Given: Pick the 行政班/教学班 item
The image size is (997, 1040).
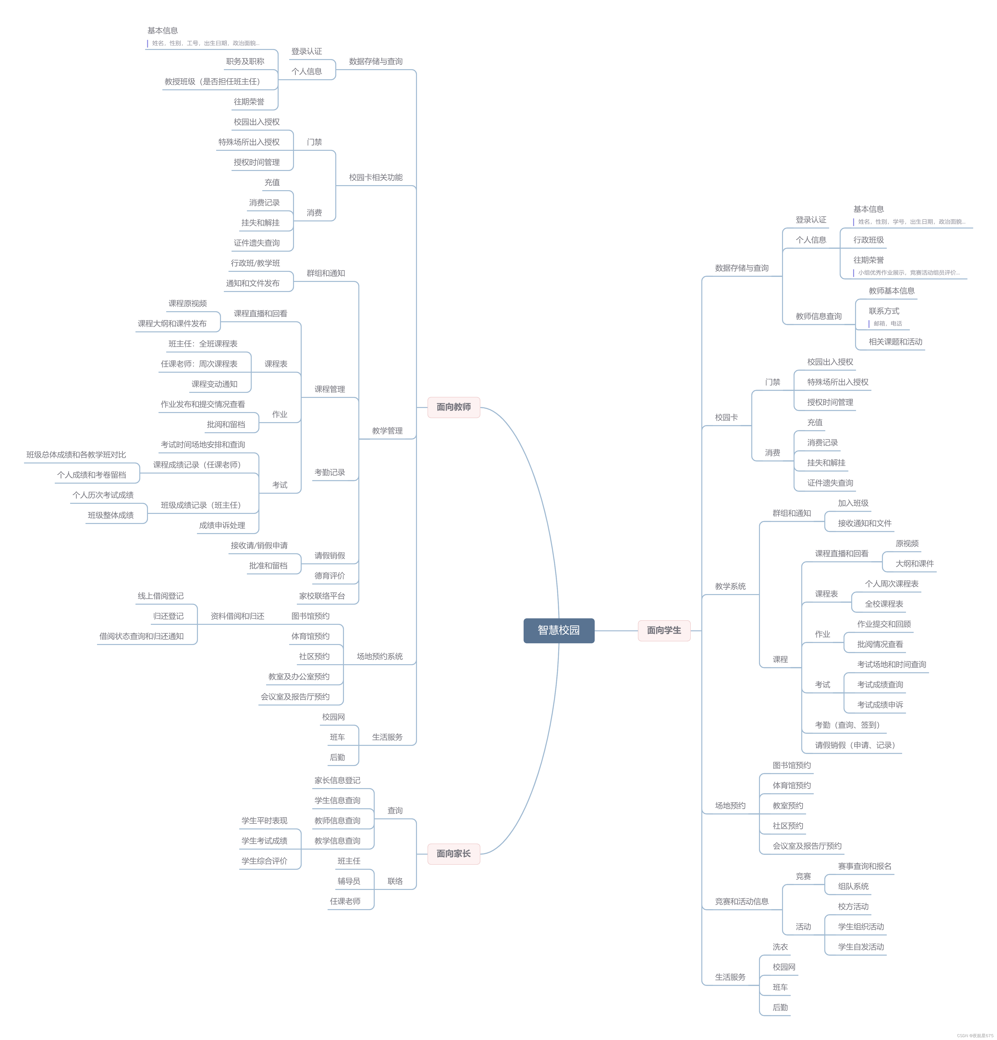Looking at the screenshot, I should [255, 263].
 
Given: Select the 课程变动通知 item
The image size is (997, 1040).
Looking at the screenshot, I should [214, 384].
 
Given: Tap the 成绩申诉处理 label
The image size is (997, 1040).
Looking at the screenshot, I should [222, 525].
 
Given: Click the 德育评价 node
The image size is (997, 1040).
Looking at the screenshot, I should [330, 576].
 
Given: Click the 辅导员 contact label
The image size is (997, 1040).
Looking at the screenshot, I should [349, 881].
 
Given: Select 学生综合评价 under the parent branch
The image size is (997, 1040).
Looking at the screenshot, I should [264, 861].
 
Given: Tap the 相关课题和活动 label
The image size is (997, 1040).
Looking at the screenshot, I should [895, 342].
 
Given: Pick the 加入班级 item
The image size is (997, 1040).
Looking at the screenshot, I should [853, 503].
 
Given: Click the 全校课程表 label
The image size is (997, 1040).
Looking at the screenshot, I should [883, 604].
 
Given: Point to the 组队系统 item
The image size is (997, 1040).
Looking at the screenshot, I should [853, 886].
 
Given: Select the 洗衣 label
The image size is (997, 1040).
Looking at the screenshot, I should [780, 947].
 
